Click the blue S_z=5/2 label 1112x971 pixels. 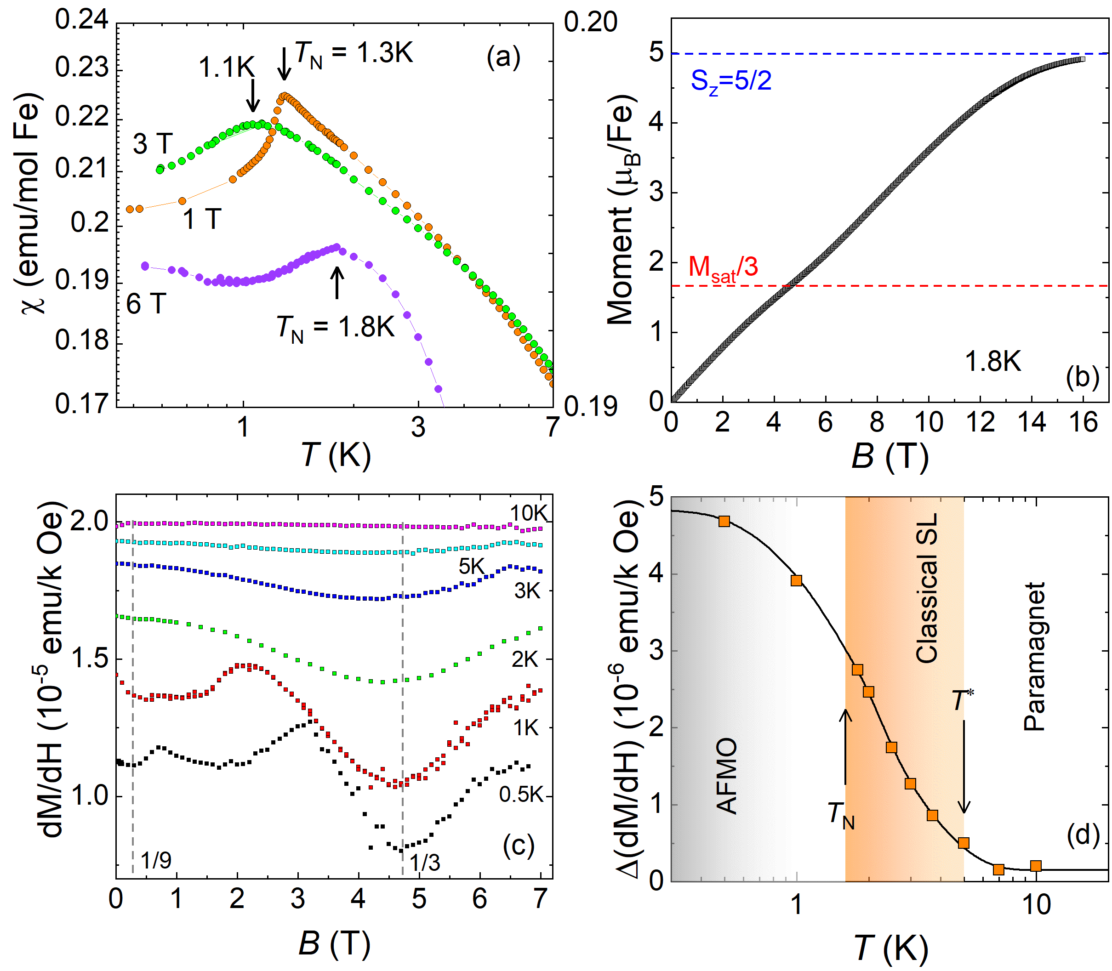(730, 82)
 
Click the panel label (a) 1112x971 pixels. (503, 57)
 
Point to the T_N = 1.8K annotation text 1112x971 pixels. (336, 328)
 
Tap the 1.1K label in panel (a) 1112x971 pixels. (227, 68)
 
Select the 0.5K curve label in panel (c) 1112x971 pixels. (521, 795)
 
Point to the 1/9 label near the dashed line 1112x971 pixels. (156, 860)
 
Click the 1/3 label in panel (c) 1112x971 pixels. (424, 863)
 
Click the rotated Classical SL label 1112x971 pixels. (927, 588)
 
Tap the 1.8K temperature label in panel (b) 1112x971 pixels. (993, 361)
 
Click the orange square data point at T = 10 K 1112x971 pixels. (1036, 866)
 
